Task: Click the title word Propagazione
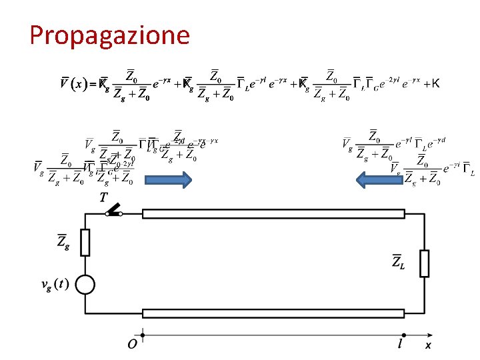(109, 35)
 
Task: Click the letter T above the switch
(103, 197)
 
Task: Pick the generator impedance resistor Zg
(85, 243)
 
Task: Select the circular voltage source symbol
(85, 285)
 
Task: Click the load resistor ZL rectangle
(424, 263)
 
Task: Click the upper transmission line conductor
(273, 214)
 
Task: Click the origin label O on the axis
(133, 345)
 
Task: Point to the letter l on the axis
(401, 344)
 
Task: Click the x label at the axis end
(428, 345)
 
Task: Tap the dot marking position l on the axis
(403, 335)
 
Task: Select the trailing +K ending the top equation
(431, 84)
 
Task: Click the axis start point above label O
(142, 335)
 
